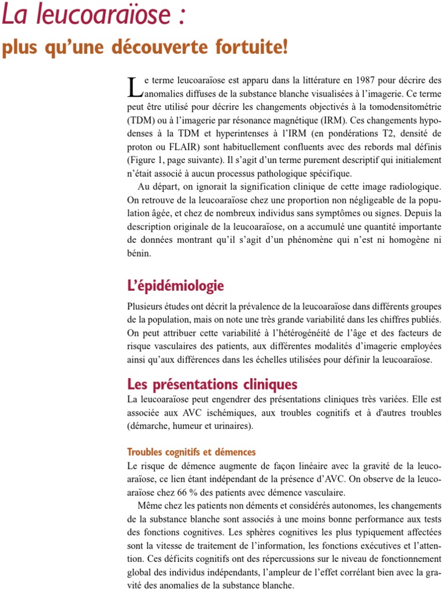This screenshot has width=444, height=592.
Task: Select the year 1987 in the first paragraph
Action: click(x=368, y=80)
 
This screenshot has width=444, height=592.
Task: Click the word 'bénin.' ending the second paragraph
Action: click(x=139, y=253)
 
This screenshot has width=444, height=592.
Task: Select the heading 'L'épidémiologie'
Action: click(x=175, y=286)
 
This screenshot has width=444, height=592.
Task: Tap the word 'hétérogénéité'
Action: click(x=320, y=333)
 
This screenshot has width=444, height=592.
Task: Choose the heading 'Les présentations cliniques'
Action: click(x=212, y=384)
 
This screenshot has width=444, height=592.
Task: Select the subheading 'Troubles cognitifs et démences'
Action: click(x=191, y=452)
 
